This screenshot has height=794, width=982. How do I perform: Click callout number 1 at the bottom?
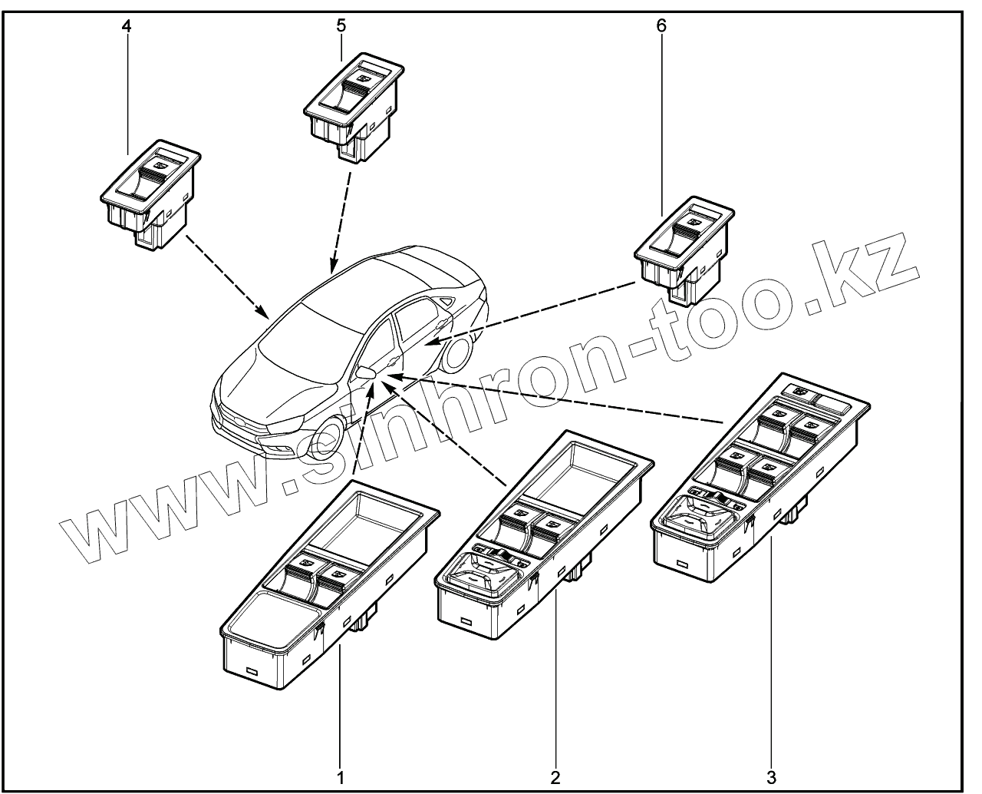pos(339,777)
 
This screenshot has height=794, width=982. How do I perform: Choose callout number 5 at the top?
pos(341,25)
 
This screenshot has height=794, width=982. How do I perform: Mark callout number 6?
pos(661,25)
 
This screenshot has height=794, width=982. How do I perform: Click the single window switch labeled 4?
pos(150,192)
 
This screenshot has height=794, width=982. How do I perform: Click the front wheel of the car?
pos(331,442)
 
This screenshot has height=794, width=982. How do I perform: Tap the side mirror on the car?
pos(365,372)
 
